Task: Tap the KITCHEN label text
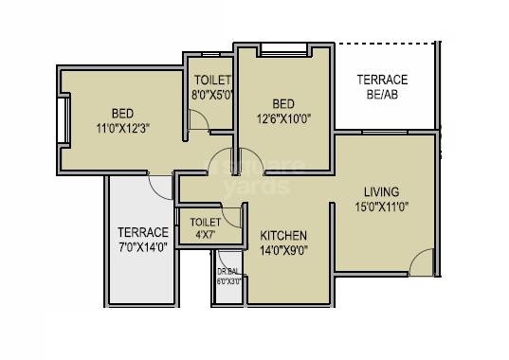(283, 235)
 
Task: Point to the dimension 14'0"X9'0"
(283, 250)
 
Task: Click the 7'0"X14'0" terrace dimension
(142, 248)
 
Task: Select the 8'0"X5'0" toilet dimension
(211, 96)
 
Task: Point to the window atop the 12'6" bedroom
(282, 47)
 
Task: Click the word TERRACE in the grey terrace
(142, 232)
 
